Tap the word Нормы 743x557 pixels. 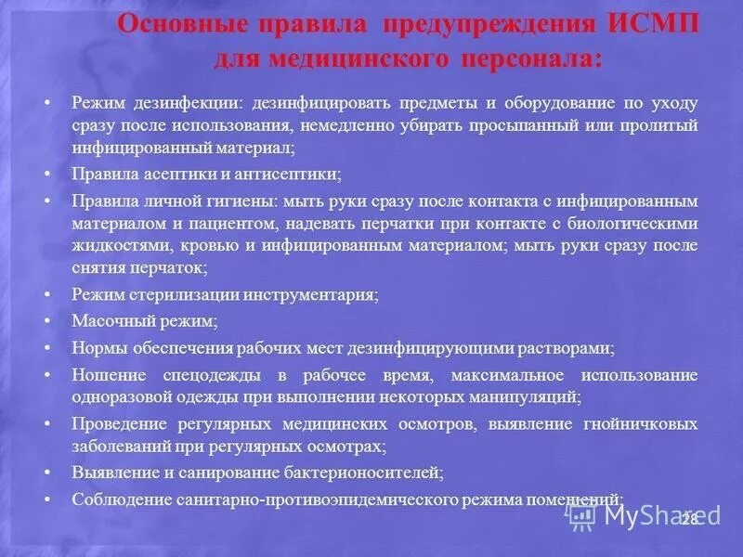[96, 349]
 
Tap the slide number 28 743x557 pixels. [689, 518]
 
